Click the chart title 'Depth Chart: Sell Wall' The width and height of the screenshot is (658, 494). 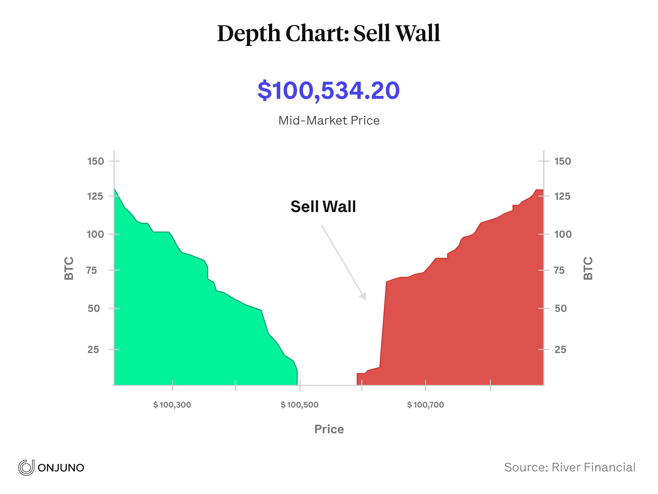click(x=329, y=33)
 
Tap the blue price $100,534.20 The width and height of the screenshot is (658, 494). click(x=329, y=90)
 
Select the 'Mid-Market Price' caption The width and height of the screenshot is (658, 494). click(x=329, y=121)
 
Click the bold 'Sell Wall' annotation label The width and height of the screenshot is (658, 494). click(x=323, y=206)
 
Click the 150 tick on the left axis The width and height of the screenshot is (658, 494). click(x=96, y=161)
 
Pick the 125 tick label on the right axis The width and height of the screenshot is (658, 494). click(x=562, y=196)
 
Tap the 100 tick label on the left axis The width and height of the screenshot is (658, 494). click(x=96, y=234)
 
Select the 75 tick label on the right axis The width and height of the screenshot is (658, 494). click(x=560, y=270)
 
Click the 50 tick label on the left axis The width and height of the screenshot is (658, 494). click(x=94, y=308)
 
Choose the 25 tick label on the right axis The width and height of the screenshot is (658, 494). click(x=560, y=349)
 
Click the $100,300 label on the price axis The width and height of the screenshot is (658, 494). click(x=172, y=405)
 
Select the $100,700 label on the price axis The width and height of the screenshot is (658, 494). click(x=425, y=405)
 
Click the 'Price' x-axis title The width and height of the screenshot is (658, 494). click(x=329, y=429)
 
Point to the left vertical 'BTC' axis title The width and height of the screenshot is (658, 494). click(x=69, y=268)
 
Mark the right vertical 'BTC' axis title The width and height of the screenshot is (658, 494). click(x=588, y=268)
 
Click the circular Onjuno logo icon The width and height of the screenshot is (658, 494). click(x=26, y=467)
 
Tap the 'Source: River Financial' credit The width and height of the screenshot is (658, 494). click(x=570, y=467)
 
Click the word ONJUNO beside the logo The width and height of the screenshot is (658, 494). click(x=61, y=468)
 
